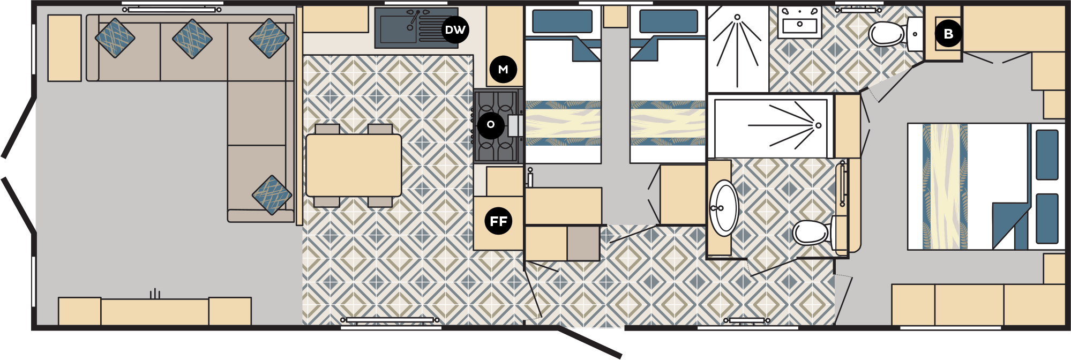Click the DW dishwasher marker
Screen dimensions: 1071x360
pyautogui.click(x=455, y=30)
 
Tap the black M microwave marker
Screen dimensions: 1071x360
pyautogui.click(x=503, y=69)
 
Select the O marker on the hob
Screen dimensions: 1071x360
pyautogui.click(x=491, y=125)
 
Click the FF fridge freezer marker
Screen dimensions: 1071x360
pyautogui.click(x=498, y=221)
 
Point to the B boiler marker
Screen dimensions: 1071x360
pyautogui.click(x=948, y=33)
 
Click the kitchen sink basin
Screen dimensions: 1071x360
pyautogui.click(x=399, y=28)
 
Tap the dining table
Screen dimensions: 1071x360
pyautogui.click(x=354, y=165)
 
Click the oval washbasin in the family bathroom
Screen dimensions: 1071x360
pyautogui.click(x=724, y=208)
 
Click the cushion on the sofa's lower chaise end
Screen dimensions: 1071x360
pyautogui.click(x=272, y=195)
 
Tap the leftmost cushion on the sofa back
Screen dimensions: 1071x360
pyautogui.click(x=115, y=38)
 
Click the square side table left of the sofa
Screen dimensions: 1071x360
pyautogui.click(x=64, y=48)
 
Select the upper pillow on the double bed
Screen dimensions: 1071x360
pyautogui.click(x=1047, y=155)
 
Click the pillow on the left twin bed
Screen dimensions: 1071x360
pyautogui.click(x=563, y=21)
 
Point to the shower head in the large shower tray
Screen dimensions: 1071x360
pyautogui.click(x=818, y=125)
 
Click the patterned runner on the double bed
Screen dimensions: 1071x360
pyautogui.click(x=945, y=186)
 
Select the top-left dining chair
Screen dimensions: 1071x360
pyautogui.click(x=327, y=129)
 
